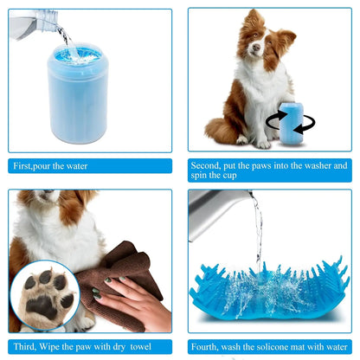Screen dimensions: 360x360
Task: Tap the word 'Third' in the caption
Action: coord(27,344)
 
